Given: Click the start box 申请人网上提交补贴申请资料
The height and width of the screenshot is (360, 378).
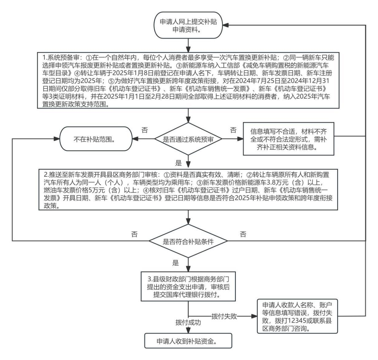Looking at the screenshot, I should point(188,26).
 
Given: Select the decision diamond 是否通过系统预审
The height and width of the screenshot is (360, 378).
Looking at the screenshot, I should point(188,139).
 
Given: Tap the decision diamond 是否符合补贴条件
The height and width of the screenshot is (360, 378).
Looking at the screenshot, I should point(188,241).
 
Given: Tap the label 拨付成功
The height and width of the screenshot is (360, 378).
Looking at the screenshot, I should point(188,322).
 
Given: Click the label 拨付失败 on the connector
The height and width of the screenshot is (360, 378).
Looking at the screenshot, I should point(224,316).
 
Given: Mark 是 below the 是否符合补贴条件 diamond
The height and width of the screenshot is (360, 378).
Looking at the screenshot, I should point(175,263).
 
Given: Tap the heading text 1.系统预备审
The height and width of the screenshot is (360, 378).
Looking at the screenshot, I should point(62,58).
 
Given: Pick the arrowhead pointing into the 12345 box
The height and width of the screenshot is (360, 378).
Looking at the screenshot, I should point(254,316).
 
